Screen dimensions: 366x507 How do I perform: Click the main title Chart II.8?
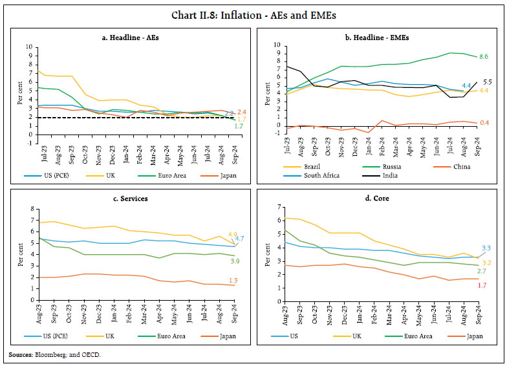(x=253, y=14)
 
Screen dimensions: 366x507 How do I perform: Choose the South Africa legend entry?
(x=304, y=175)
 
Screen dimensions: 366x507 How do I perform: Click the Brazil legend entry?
(x=299, y=166)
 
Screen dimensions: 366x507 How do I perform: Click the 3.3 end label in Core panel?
(x=487, y=248)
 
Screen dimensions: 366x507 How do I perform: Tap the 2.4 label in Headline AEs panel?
(x=241, y=113)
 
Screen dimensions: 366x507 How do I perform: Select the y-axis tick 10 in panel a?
(x=26, y=47)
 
